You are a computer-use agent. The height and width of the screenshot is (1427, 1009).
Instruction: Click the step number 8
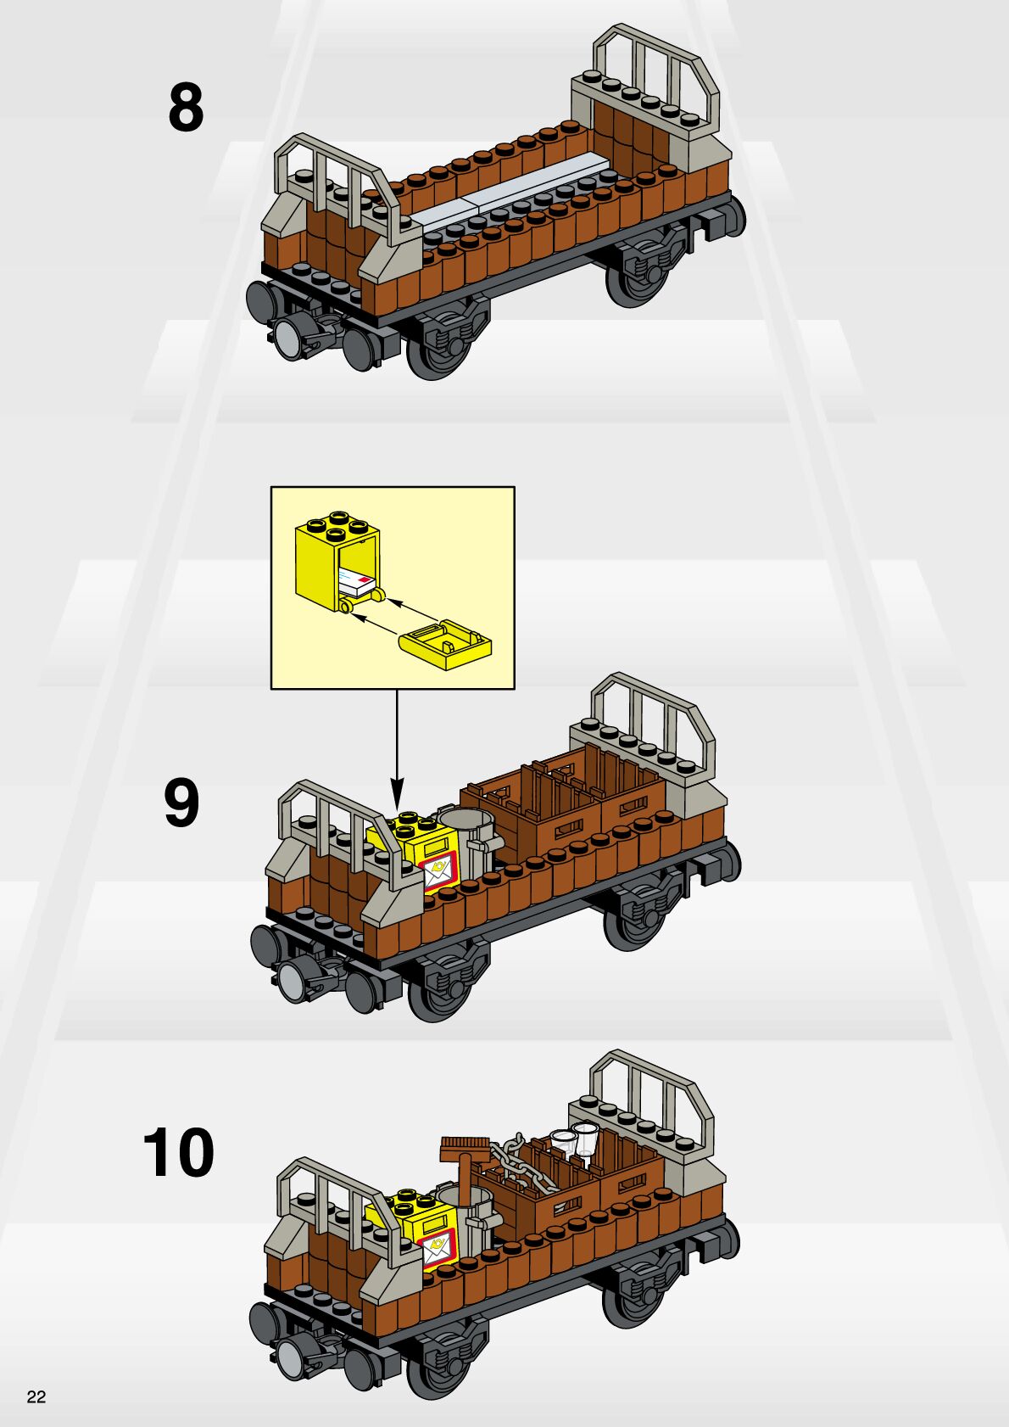tap(186, 108)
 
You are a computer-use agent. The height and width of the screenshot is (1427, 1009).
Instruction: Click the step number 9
tap(181, 803)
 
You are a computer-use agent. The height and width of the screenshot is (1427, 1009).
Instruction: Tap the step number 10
tap(179, 1152)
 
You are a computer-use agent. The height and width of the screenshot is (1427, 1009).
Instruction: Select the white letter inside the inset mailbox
tap(355, 583)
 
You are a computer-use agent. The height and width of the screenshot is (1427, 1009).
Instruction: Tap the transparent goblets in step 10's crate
tap(575, 1141)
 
